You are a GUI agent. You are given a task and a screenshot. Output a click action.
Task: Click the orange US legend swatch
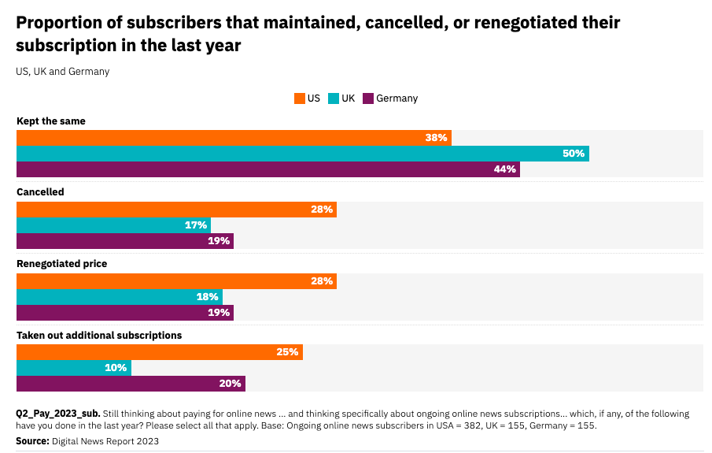(299, 98)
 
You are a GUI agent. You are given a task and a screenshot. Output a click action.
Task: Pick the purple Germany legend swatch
(367, 98)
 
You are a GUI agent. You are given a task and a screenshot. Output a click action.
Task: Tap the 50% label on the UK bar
(574, 154)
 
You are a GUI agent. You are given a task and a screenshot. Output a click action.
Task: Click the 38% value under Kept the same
(437, 138)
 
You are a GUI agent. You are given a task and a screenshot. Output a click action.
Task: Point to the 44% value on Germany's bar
(505, 169)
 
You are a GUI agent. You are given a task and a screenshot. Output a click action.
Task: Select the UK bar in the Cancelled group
(113, 225)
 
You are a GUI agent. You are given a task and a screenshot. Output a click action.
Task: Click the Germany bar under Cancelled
(125, 241)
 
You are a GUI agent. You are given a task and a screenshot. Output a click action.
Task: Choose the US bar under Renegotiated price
(176, 281)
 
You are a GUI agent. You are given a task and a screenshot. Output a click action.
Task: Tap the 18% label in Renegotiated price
(207, 297)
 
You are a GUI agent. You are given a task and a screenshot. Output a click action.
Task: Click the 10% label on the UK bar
(116, 368)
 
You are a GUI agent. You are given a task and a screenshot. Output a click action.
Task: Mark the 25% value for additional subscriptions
(287, 352)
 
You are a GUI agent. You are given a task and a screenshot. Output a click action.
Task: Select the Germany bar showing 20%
(131, 384)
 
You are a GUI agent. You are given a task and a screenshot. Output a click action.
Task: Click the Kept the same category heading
(51, 121)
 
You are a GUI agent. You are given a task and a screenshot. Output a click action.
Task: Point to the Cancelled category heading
(40, 192)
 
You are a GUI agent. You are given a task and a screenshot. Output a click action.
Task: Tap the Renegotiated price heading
(62, 264)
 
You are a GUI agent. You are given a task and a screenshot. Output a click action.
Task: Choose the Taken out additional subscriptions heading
(99, 335)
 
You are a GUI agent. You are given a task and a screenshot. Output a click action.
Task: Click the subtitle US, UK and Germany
(62, 72)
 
